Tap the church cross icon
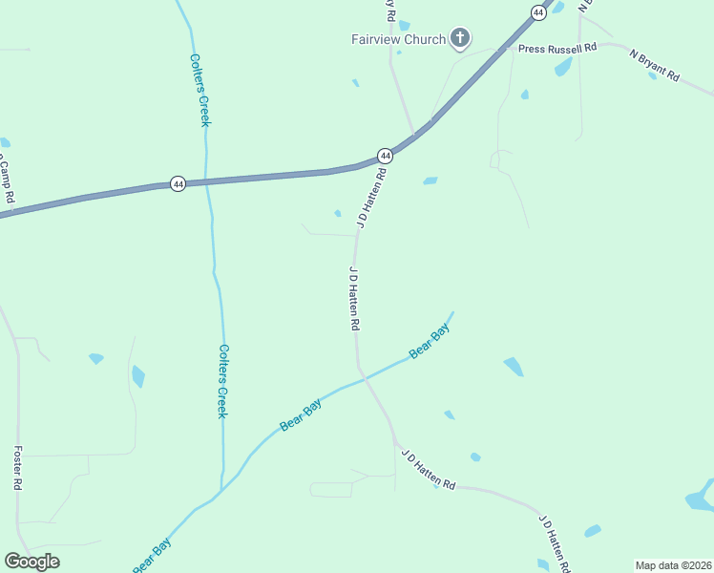pyautogui.click(x=460, y=38)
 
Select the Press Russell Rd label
pyautogui.click(x=557, y=47)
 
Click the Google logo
pyautogui.click(x=31, y=562)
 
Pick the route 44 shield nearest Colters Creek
pyautogui.click(x=178, y=183)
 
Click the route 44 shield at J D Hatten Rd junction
pyautogui.click(x=385, y=155)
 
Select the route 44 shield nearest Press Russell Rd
pyautogui.click(x=538, y=12)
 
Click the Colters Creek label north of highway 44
pyautogui.click(x=200, y=90)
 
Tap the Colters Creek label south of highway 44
pyautogui.click(x=222, y=380)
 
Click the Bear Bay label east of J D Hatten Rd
pyautogui.click(x=429, y=342)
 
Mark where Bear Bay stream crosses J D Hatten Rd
pyautogui.click(x=364, y=377)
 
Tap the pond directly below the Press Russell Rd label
pyautogui.click(x=563, y=67)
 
